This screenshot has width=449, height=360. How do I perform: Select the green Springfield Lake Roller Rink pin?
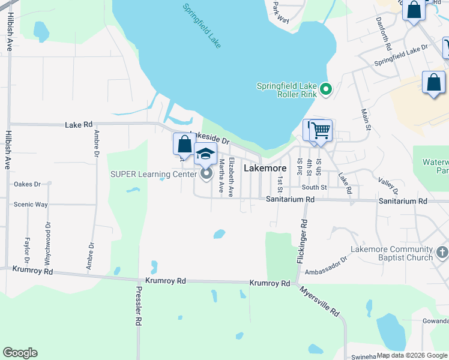pos(326,89)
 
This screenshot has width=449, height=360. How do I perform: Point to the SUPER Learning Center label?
pos(153,175)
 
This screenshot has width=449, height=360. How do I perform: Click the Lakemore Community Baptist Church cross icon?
pos(442,253)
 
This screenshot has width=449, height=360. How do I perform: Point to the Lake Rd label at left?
pos(79,125)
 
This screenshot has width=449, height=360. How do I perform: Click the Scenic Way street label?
pos(31,204)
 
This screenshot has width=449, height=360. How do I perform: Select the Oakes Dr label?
pos(27,184)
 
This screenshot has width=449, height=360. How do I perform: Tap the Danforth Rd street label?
pos(384,37)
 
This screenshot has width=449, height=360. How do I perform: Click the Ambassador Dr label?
pos(326,265)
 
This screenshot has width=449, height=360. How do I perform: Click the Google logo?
pos(20,353)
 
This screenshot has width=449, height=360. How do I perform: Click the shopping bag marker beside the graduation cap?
pos(184,145)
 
